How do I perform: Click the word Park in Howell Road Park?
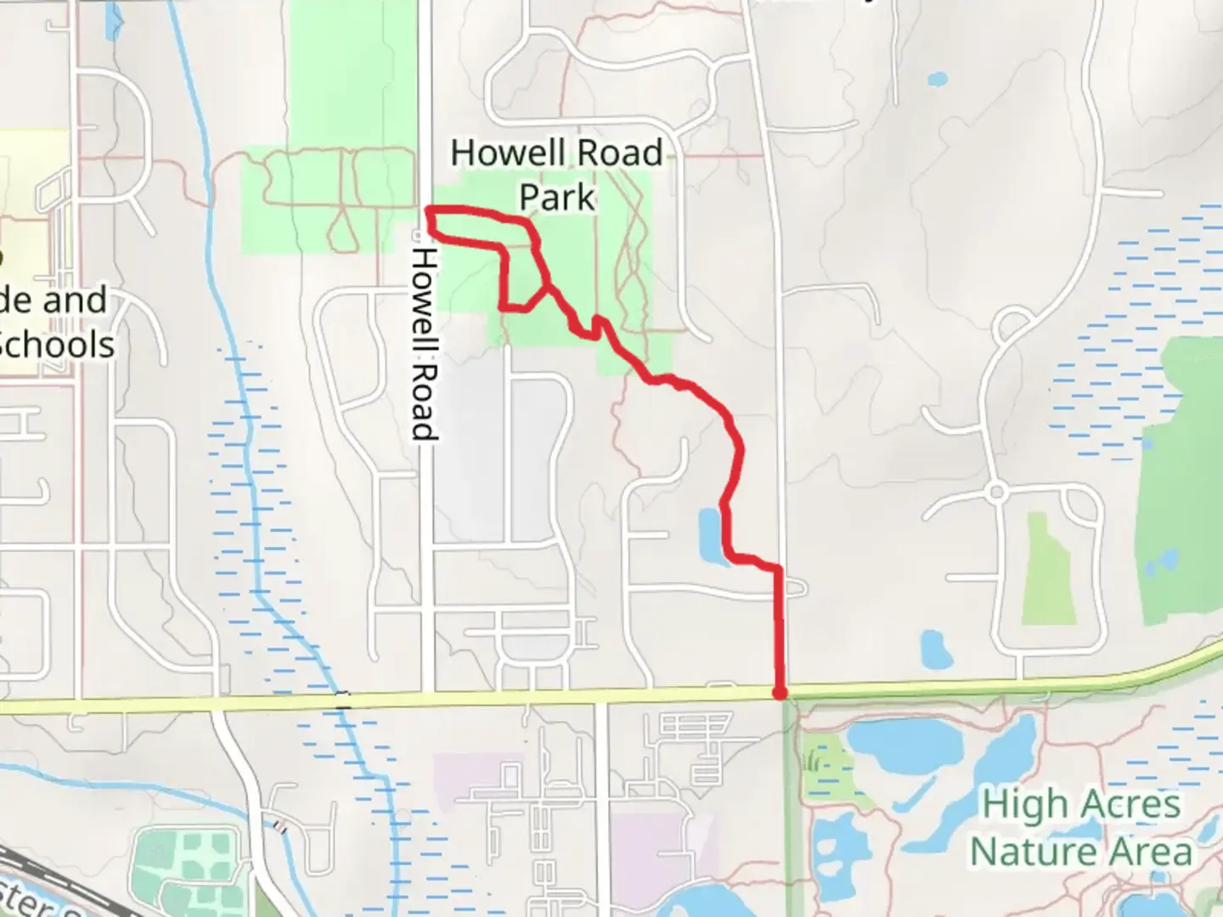pyautogui.click(x=557, y=197)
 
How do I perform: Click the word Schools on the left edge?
pyautogui.click(x=58, y=345)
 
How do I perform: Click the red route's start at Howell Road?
pyautogui.click(x=429, y=209)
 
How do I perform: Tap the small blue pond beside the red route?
pyautogui.click(x=710, y=535)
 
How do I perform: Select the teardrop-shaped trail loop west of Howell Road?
pyautogui.click(x=342, y=228)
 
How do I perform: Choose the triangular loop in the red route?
pyautogui.click(x=522, y=280)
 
